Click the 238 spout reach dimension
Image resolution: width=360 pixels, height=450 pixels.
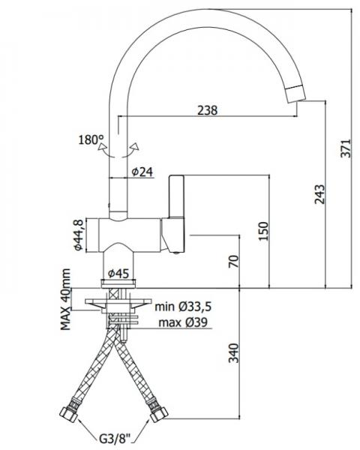tap(208, 110)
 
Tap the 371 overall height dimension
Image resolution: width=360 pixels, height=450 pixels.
tap(346, 150)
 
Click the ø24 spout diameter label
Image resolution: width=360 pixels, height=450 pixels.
tap(142, 172)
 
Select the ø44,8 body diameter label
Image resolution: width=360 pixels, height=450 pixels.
tap(76, 234)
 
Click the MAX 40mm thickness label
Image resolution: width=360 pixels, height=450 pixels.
tap(67, 299)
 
